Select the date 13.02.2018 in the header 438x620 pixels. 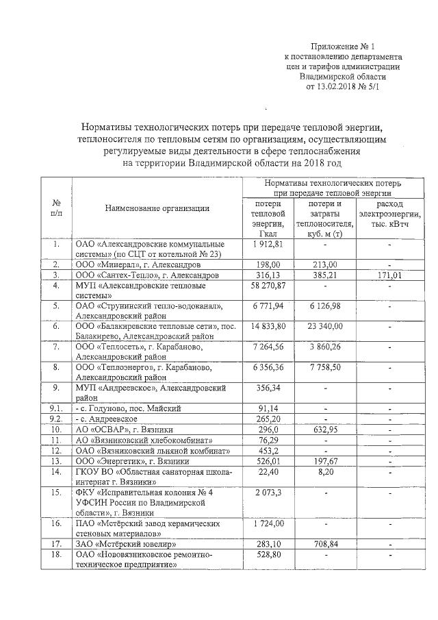(334, 87)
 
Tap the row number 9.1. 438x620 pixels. (57, 409)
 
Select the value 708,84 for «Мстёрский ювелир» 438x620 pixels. (325, 543)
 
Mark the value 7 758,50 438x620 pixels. (325, 367)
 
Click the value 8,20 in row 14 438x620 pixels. (325, 471)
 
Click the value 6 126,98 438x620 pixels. (325, 306)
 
